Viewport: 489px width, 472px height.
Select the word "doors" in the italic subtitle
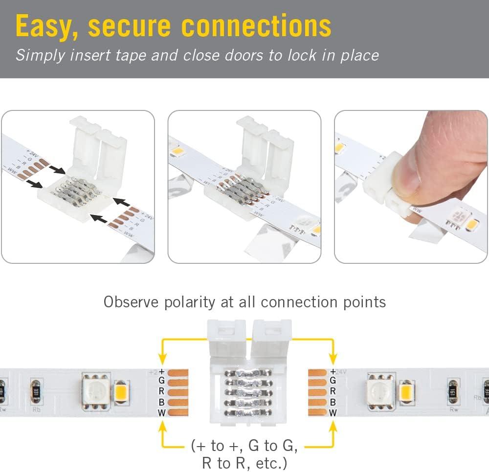(x=244, y=55)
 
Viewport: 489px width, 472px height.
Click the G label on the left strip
(x=162, y=380)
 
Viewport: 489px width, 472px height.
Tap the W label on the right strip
(x=333, y=413)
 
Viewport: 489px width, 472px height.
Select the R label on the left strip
(x=162, y=391)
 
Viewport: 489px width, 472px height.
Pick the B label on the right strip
(x=333, y=402)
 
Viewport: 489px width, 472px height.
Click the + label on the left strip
(x=162, y=371)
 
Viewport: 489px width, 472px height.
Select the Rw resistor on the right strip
(x=453, y=391)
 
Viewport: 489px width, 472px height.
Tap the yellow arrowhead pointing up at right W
(x=333, y=426)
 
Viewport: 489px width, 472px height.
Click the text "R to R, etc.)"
(x=244, y=462)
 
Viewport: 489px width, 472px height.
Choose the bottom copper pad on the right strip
(x=317, y=413)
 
